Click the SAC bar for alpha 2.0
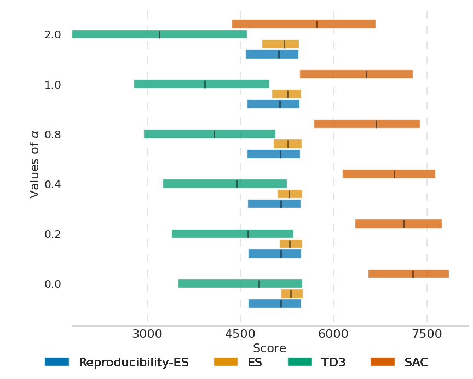304,24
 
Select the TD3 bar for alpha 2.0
159,34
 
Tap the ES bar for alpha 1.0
286,94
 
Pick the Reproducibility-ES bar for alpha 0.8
274,154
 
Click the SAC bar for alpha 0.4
389,174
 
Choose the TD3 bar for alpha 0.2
233,234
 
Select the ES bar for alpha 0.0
292,294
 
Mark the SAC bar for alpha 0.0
408,274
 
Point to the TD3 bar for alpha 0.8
210,134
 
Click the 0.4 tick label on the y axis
53,184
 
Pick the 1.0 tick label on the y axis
53,85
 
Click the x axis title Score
269,348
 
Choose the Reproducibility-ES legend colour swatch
57,362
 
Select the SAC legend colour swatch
383,362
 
